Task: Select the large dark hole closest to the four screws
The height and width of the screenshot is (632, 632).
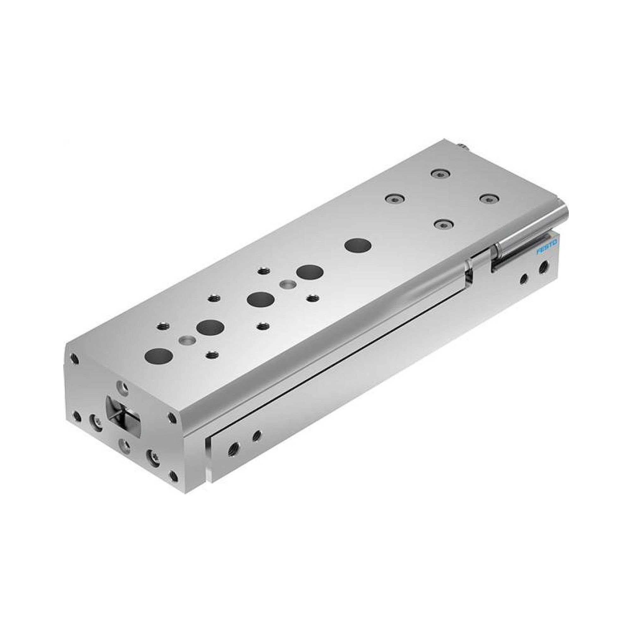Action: [x=360, y=245]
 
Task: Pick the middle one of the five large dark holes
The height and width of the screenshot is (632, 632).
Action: [x=261, y=299]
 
